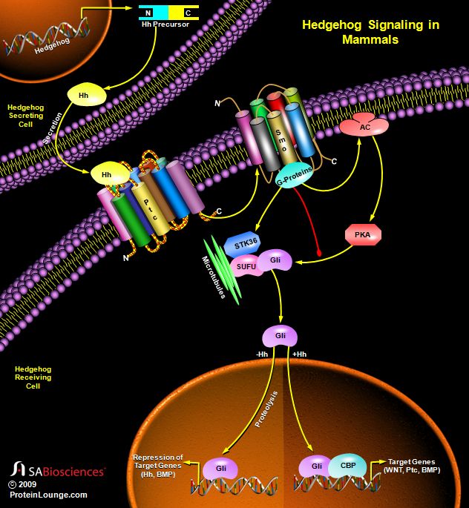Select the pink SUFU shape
point(246,265)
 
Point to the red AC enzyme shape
point(364,127)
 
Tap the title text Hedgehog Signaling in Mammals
point(370,32)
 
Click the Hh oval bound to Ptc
point(106,176)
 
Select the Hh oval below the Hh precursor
point(82,94)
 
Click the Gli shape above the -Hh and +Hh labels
point(281,336)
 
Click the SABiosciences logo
point(58,471)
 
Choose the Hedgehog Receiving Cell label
point(33,377)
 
